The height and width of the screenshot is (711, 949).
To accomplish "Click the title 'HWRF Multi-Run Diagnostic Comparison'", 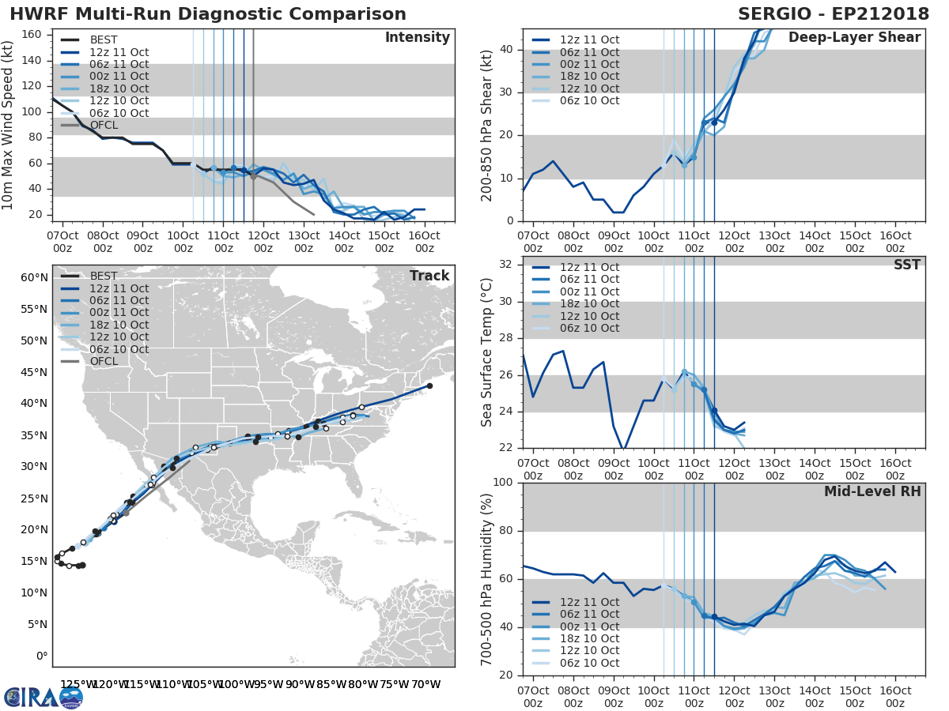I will [208, 14].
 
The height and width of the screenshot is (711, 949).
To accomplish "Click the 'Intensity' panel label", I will [417, 38].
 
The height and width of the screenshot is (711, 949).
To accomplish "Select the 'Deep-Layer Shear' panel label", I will [854, 38].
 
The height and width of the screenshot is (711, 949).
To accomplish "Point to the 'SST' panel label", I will [907, 265].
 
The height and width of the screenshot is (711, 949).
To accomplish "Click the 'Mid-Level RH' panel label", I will [872, 491].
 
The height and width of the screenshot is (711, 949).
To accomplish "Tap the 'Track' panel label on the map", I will [429, 276].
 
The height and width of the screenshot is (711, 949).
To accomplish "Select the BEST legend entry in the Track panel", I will [104, 276].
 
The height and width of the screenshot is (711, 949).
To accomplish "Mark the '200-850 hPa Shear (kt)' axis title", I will [488, 126].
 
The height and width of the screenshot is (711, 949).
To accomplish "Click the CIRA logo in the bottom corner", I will [43, 698].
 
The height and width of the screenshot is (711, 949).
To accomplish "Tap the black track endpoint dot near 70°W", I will [429, 386].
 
